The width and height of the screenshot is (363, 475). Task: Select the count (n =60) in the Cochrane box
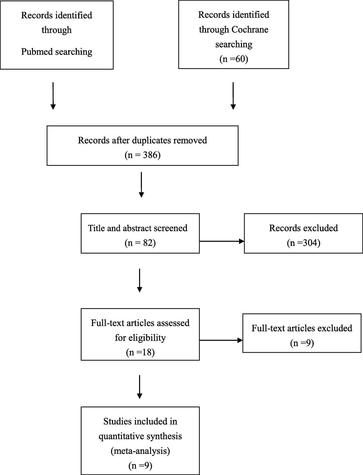click(234, 59)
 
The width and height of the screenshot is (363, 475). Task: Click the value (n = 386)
click(142, 155)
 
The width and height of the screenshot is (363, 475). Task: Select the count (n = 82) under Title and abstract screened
click(140, 243)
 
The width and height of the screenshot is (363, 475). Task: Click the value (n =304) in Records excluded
click(303, 243)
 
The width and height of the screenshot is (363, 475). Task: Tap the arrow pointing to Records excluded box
click(221, 241)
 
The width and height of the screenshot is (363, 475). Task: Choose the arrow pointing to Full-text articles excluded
click(221, 340)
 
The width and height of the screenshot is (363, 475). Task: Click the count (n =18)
click(140, 352)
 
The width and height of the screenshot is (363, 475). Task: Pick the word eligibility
click(140, 338)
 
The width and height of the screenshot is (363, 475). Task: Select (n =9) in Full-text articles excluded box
click(302, 343)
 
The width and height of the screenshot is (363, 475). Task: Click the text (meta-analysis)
click(140, 451)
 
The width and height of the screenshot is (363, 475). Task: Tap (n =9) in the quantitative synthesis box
click(140, 466)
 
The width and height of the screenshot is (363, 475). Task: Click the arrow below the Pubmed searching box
click(53, 96)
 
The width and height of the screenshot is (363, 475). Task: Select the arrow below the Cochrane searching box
click(233, 96)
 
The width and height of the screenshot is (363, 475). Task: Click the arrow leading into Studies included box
click(139, 387)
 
